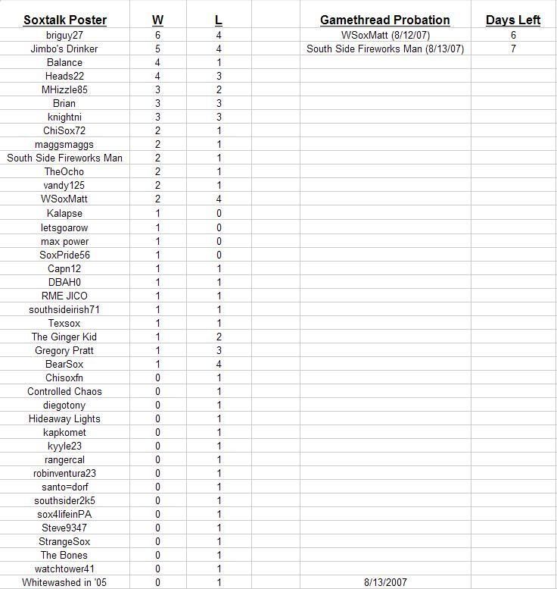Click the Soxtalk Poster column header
pyautogui.click(x=64, y=20)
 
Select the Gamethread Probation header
pyautogui.click(x=384, y=20)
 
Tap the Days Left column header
pyautogui.click(x=513, y=20)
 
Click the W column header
pyautogui.click(x=157, y=20)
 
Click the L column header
pyautogui.click(x=219, y=20)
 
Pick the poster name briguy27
pyautogui.click(x=64, y=35)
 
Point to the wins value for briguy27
pyautogui.click(x=157, y=35)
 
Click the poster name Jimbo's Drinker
pyautogui.click(x=64, y=49)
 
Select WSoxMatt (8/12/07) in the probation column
pyautogui.click(x=384, y=35)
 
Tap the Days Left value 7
pyautogui.click(x=513, y=49)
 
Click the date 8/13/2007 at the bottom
pyautogui.click(x=385, y=582)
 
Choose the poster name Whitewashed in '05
pyautogui.click(x=64, y=582)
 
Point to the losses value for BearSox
pyautogui.click(x=219, y=364)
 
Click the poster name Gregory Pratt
pyautogui.click(x=64, y=350)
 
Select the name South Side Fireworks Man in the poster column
pyautogui.click(x=64, y=158)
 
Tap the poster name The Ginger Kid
pyautogui.click(x=64, y=337)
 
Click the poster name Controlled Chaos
pyautogui.click(x=64, y=391)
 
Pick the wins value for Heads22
pyautogui.click(x=157, y=76)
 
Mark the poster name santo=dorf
pyautogui.click(x=64, y=487)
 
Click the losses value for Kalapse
pyautogui.click(x=219, y=214)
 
